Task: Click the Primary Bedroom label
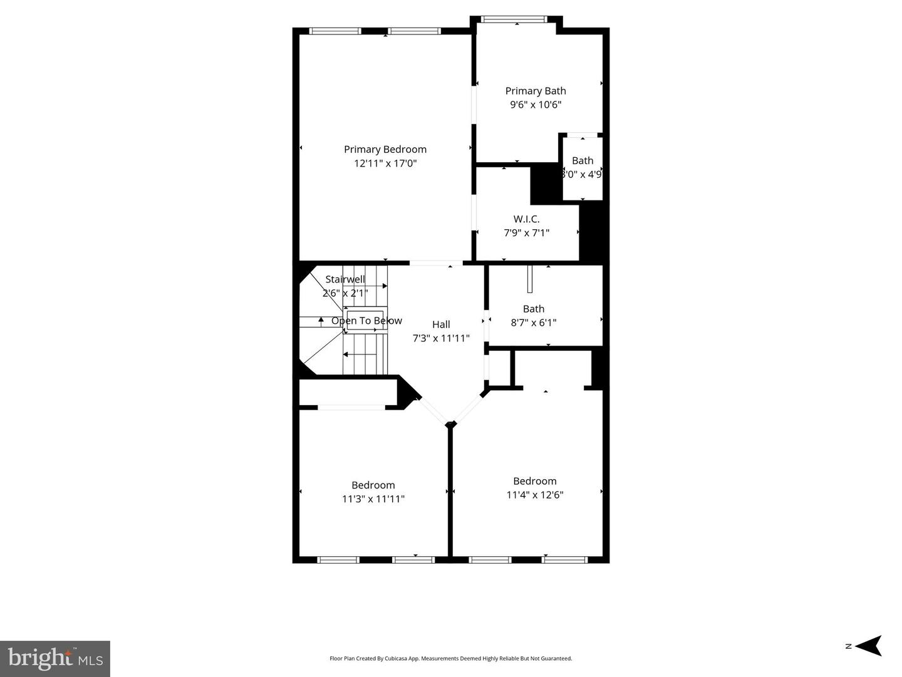click(385, 149)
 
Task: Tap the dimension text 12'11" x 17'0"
click(385, 163)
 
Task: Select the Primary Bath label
click(535, 91)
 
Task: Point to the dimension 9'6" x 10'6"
click(535, 105)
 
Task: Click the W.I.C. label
click(526, 219)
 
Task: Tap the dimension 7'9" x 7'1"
click(526, 232)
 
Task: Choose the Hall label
click(440, 324)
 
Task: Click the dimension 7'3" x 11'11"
click(440, 338)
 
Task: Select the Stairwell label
click(345, 279)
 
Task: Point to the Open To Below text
click(366, 321)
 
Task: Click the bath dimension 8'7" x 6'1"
click(533, 323)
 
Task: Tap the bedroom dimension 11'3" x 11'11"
click(373, 499)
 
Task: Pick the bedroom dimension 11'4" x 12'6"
click(534, 495)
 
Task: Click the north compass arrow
click(868, 646)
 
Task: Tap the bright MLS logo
click(55, 658)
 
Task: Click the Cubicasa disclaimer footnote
click(450, 658)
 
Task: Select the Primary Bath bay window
click(516, 19)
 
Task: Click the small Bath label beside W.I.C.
click(582, 160)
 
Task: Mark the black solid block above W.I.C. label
click(544, 183)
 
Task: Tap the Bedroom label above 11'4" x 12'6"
click(534, 481)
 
